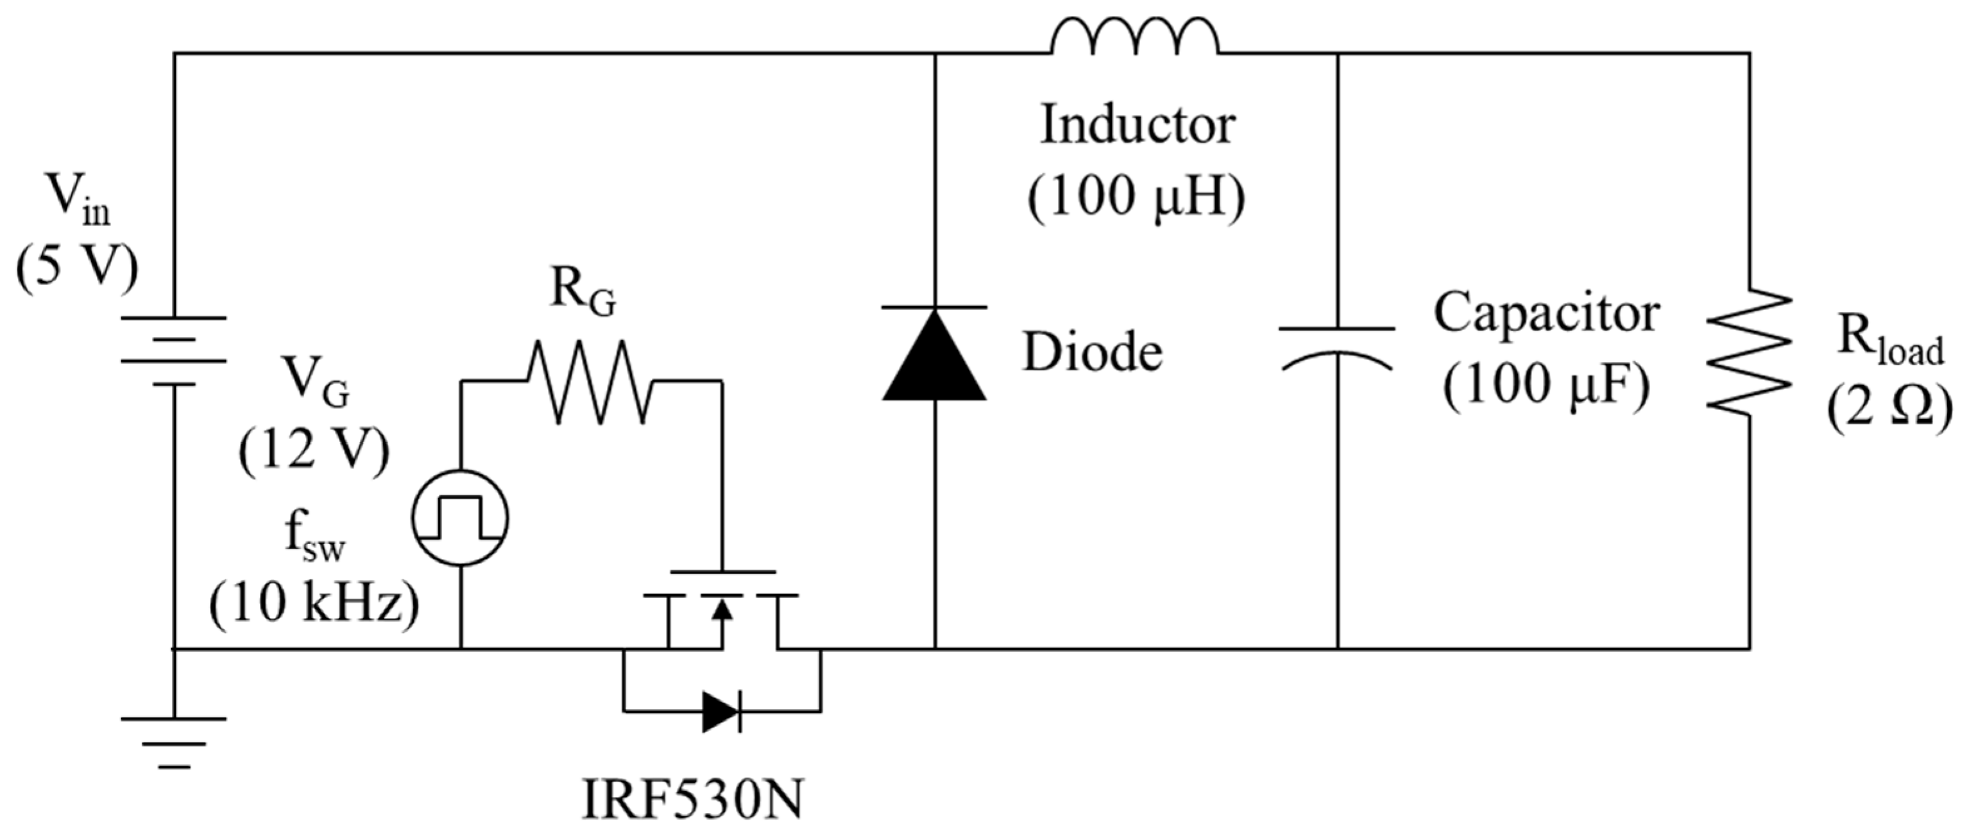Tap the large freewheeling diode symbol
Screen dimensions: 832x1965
[935, 354]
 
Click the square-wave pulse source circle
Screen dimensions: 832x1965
[460, 518]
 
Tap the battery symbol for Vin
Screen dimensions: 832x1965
[174, 351]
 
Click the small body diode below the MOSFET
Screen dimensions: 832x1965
[721, 712]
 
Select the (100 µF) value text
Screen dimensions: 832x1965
[1546, 385]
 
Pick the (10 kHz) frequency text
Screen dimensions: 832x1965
[314, 606]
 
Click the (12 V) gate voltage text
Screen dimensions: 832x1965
[314, 450]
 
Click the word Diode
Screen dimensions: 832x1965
[1092, 353]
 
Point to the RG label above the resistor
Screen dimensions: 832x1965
[583, 292]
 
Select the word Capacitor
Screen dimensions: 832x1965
[1546, 312]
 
